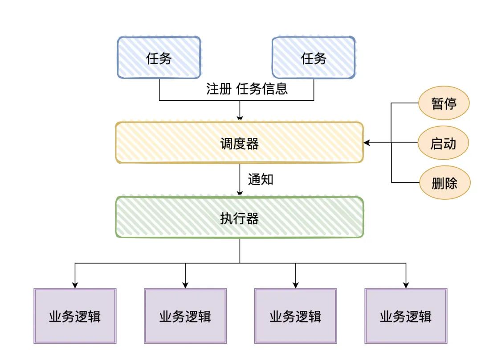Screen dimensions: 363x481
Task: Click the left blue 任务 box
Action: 159,58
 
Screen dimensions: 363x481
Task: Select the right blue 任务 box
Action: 314,58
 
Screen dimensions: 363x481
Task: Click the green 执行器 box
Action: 240,218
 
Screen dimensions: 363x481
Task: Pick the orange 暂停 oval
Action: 444,103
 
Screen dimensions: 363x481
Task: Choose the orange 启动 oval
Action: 444,143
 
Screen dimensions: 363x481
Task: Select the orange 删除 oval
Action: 444,182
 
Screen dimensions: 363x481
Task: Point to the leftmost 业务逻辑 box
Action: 75,316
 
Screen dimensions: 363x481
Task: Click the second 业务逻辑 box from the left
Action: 185,316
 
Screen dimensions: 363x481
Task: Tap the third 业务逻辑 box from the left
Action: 295,316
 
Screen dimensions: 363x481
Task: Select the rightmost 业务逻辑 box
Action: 406,316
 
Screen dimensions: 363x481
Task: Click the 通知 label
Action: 261,179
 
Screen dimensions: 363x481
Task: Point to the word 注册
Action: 219,88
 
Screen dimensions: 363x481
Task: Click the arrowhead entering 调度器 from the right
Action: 367,143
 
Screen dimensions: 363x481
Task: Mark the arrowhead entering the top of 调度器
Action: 240,118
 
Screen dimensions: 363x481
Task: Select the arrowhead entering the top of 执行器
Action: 240,193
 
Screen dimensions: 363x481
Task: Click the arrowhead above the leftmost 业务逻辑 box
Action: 75,285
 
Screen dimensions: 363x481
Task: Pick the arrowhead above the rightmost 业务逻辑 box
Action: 406,285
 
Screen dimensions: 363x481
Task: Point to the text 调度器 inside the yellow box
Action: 240,143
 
